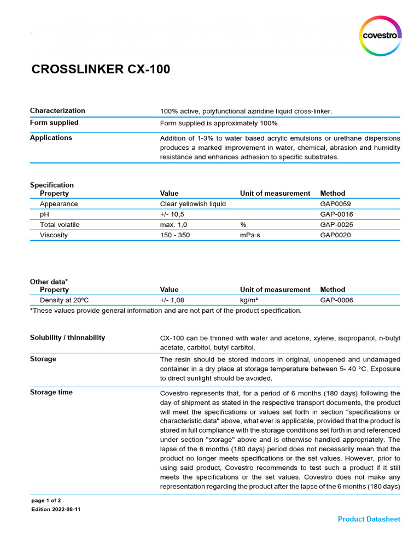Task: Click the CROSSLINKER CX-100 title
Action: pyautogui.click(x=101, y=69)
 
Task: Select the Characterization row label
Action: pyautogui.click(x=57, y=110)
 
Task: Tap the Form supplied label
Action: pyautogui.click(x=54, y=122)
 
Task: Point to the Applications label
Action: pyautogui.click(x=51, y=138)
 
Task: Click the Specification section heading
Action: pyautogui.click(x=51, y=185)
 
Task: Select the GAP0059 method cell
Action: pyautogui.click(x=335, y=204)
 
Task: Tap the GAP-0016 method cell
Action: pyautogui.click(x=336, y=214)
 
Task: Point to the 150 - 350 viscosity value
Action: pyautogui.click(x=175, y=235)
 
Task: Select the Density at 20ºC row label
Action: pyautogui.click(x=65, y=300)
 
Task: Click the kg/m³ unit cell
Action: pyautogui.click(x=249, y=300)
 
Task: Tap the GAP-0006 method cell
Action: pyautogui.click(x=336, y=300)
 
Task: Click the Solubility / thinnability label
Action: pyautogui.click(x=67, y=337)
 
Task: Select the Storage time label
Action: pyautogui.click(x=51, y=392)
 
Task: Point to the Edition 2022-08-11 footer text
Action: pyautogui.click(x=56, y=509)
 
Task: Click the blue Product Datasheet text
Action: pyautogui.click(x=369, y=519)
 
